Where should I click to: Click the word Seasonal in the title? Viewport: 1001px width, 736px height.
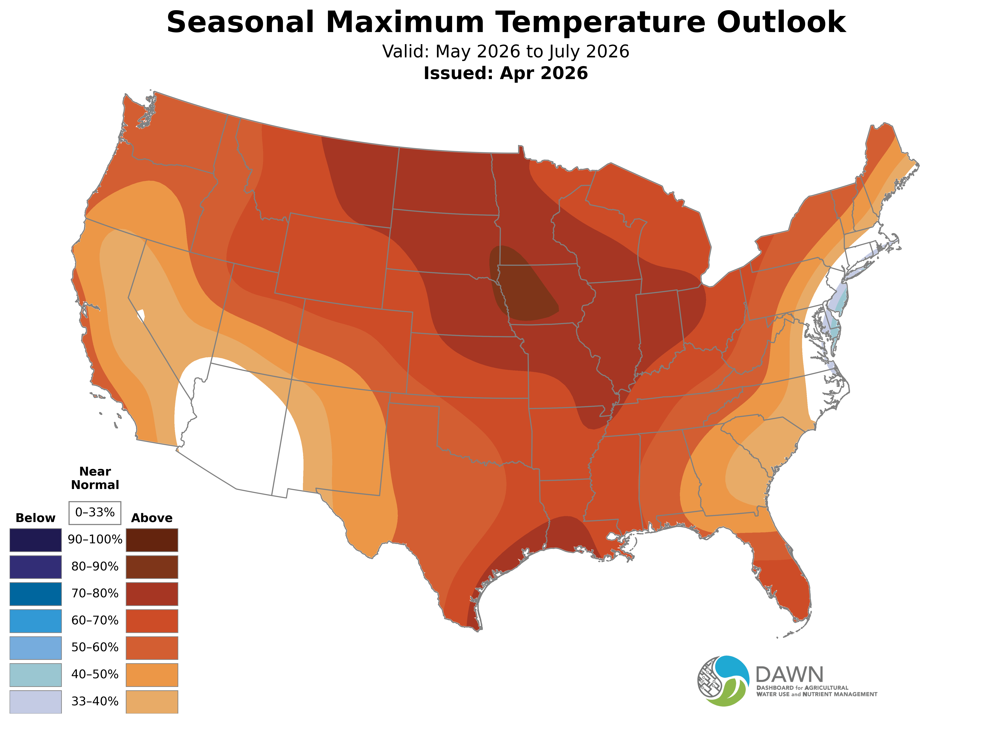240,22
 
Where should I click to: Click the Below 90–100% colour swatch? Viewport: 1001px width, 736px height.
36,540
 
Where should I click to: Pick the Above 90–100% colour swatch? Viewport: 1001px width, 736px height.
152,540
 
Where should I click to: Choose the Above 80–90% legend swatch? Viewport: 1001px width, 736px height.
152,567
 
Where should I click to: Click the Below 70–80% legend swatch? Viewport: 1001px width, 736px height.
36,594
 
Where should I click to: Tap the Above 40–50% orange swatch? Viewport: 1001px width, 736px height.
152,675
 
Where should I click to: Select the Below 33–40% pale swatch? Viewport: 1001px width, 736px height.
36,702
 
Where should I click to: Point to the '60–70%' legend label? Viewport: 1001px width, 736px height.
95,621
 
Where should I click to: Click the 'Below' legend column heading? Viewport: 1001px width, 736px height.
36,518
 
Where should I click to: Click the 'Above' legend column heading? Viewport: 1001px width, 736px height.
152,518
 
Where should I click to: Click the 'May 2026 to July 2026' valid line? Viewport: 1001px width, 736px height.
505,52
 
